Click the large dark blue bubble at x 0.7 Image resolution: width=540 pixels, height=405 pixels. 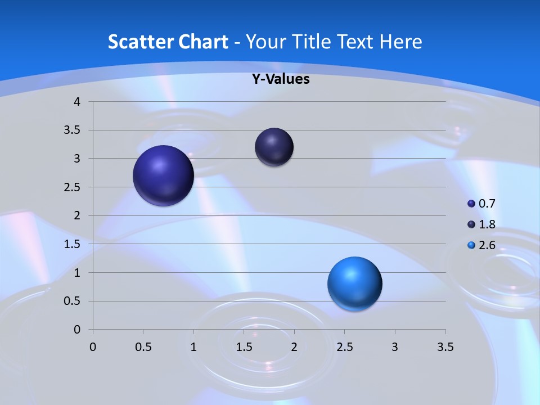pos(164,175)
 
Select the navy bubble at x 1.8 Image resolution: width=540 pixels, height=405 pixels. pos(274,147)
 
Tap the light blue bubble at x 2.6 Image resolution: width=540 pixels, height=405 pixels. pos(354,283)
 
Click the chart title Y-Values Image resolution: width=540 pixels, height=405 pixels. pos(280,79)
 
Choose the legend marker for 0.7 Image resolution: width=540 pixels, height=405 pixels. pos(471,204)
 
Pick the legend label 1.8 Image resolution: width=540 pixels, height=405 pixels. pos(487,224)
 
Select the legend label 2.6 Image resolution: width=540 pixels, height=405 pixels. pos(487,245)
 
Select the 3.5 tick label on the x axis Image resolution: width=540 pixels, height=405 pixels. pos(445,347)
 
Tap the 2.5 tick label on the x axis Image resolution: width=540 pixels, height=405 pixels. pos(344,347)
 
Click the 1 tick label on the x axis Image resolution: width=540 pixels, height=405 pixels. pos(193,347)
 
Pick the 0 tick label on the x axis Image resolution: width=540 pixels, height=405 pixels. pos(93,347)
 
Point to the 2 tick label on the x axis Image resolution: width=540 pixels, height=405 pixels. pos(294,347)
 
